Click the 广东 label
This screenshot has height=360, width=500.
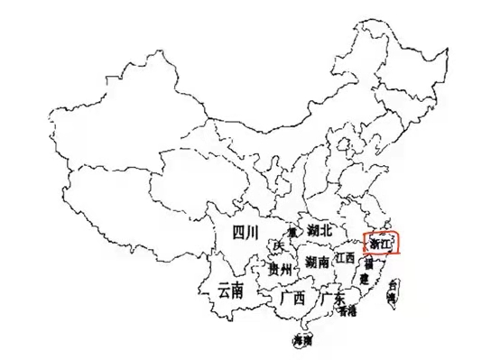click(333, 299)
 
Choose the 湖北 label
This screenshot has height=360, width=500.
click(319, 231)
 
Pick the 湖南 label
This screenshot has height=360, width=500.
click(317, 263)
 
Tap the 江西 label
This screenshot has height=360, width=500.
click(345, 258)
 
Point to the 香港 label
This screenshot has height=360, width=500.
click(347, 311)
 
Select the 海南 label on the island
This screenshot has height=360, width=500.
click(303, 341)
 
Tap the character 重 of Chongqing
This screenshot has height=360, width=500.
click(292, 232)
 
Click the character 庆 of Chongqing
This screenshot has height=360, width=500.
click(279, 246)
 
